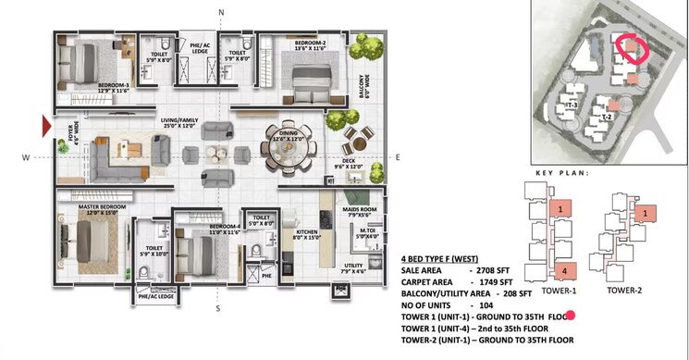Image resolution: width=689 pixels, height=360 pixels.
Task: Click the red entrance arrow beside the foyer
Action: coord(45,123)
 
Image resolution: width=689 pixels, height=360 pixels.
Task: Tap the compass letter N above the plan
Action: coord(220,11)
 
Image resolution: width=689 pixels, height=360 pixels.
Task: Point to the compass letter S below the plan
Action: coord(218,309)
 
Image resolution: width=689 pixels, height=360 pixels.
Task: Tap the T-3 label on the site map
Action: coord(572,106)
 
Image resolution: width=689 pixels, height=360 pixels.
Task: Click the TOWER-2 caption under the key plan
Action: coord(626,290)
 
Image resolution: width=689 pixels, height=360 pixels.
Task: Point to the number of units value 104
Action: coord(484,303)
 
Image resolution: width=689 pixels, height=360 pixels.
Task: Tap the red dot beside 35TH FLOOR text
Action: coord(571,317)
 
